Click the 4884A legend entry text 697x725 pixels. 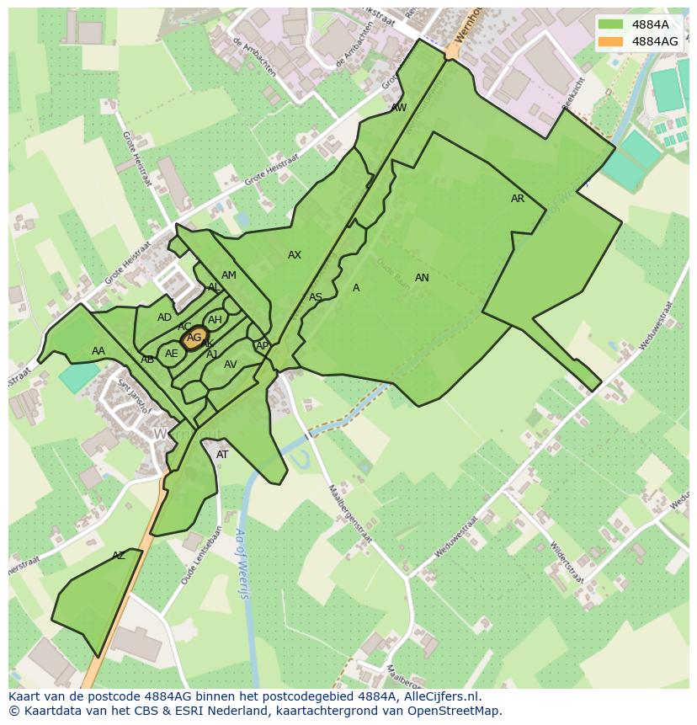coord(650,25)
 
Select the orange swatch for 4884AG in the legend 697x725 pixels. coord(611,41)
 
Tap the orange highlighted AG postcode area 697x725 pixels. coord(194,338)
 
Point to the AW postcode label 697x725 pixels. coord(399,108)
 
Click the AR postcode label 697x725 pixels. coord(518,199)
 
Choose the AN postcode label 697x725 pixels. coord(422,278)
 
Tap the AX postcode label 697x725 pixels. coord(294,255)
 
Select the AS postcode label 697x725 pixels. coord(316,297)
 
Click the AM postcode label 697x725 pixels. coord(229,275)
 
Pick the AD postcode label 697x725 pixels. coord(164,317)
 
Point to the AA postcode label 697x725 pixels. coord(98,351)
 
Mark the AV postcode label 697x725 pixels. coord(231,365)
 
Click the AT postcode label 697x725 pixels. coord(222,455)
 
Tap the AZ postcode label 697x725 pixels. coord(119,556)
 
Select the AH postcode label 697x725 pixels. coord(215,320)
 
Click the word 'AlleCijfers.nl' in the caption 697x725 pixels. coord(440,696)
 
